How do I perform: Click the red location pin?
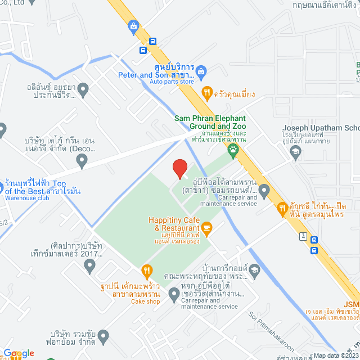(179, 169)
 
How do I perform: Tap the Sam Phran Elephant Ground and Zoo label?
(210, 122)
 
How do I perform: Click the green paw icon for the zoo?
(233, 150)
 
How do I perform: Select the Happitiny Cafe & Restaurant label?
(174, 223)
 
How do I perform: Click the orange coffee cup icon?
(207, 227)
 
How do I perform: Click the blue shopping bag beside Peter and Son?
(202, 71)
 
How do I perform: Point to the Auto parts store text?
(172, 82)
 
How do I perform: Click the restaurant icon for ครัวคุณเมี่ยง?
(207, 93)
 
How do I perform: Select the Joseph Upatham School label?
(321, 128)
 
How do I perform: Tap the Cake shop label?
(146, 301)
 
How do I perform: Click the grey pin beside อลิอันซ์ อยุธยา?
(83, 88)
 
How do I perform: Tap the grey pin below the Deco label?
(82, 162)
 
